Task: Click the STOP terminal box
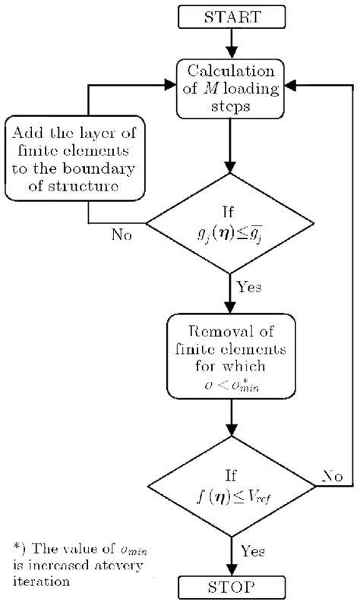pyautogui.click(x=229, y=587)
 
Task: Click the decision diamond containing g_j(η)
pyautogui.click(x=229, y=225)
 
